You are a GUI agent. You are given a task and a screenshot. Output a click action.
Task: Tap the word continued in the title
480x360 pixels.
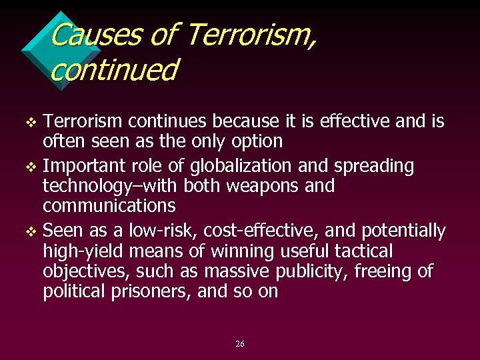click(x=114, y=70)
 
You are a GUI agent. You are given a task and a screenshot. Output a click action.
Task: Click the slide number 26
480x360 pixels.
click(x=240, y=344)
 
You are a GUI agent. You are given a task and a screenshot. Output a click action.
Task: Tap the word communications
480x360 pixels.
click(x=109, y=205)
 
